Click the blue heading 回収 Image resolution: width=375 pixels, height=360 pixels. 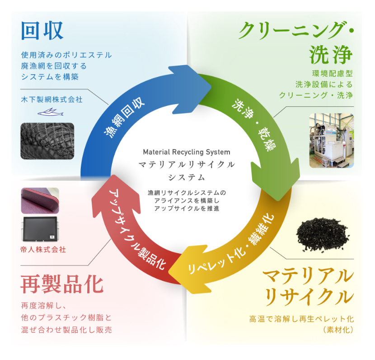coord(42,30)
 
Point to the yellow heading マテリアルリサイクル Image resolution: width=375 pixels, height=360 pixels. coord(307,286)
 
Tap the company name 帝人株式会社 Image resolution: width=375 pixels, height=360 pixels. coord(43,249)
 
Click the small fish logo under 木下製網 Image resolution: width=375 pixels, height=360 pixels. coord(47,112)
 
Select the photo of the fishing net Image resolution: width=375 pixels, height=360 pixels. coord(47,141)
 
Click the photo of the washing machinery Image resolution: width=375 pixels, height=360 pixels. coord(331,140)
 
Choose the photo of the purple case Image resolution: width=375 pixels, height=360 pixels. coord(40,200)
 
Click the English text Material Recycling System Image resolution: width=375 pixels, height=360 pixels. coord(186,152)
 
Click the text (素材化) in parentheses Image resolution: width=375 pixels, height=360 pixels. coord(337,330)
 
